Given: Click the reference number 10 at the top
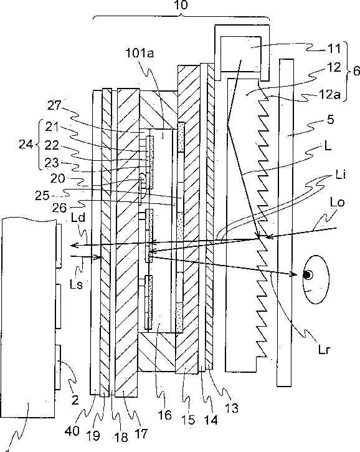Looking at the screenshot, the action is pyautogui.click(x=181, y=4).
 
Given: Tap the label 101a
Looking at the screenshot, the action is pyautogui.click(x=140, y=54).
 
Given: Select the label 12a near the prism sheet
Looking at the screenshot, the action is pyautogui.click(x=329, y=94).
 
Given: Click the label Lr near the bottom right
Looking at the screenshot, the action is pyautogui.click(x=324, y=349).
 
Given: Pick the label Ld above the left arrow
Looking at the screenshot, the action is pyautogui.click(x=78, y=218).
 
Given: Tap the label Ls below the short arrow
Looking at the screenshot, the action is pyautogui.click(x=77, y=284).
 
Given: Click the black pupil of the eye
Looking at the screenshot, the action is pyautogui.click(x=308, y=275).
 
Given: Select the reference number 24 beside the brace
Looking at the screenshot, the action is pyautogui.click(x=26, y=144).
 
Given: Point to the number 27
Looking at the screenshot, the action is pyautogui.click(x=55, y=105).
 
